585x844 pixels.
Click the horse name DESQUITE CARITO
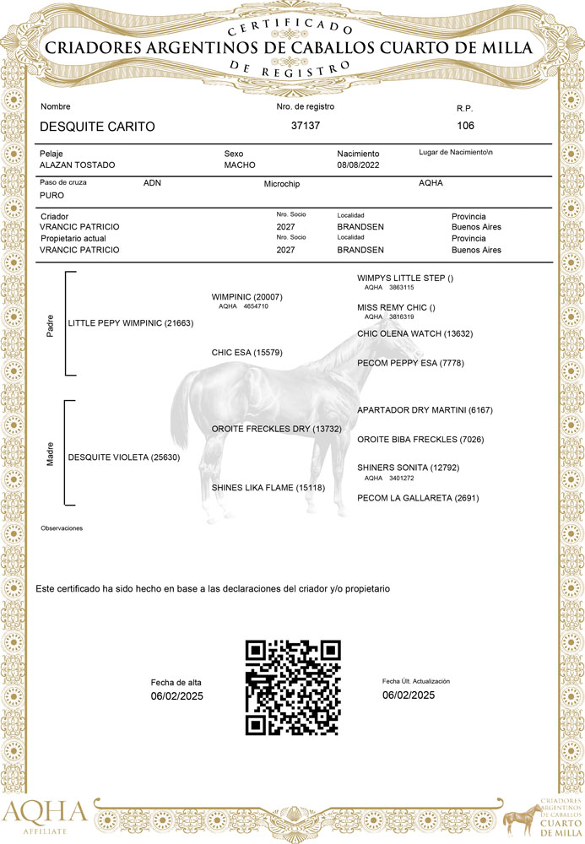click(98, 127)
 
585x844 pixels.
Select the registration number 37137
click(306, 126)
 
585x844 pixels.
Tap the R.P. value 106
click(465, 126)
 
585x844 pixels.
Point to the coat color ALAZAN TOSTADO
click(78, 165)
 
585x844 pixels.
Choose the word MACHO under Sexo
click(240, 165)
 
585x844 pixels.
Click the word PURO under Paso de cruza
click(52, 195)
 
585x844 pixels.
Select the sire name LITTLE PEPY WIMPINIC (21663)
click(131, 323)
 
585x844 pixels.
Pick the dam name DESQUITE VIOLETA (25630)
click(123, 457)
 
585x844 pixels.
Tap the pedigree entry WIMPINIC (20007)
click(246, 297)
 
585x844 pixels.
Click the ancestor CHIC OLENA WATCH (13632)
click(414, 334)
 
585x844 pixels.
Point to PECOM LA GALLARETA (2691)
click(418, 498)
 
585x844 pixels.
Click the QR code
click(293, 687)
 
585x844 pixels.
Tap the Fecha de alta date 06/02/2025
click(177, 696)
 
